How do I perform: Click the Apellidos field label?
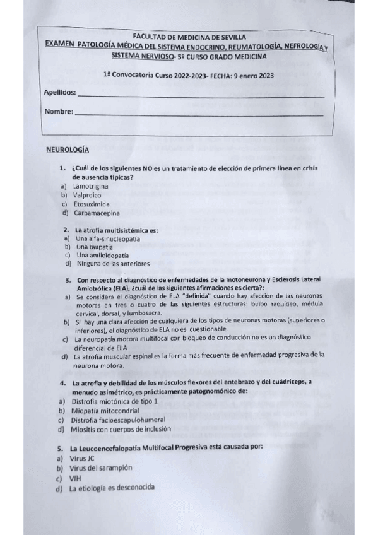60,93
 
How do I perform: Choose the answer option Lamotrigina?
91,187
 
